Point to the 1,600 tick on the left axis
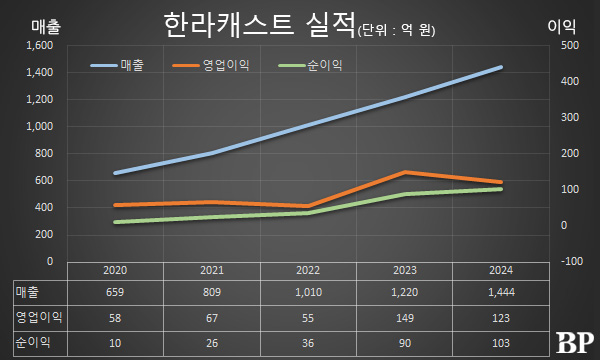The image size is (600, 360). click(35, 46)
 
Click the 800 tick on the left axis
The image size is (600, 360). click(41, 154)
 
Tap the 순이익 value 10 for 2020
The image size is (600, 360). click(116, 343)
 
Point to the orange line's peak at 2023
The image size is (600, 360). click(405, 172)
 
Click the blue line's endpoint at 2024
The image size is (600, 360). click(501, 67)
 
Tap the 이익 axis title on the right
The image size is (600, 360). click(567, 27)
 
